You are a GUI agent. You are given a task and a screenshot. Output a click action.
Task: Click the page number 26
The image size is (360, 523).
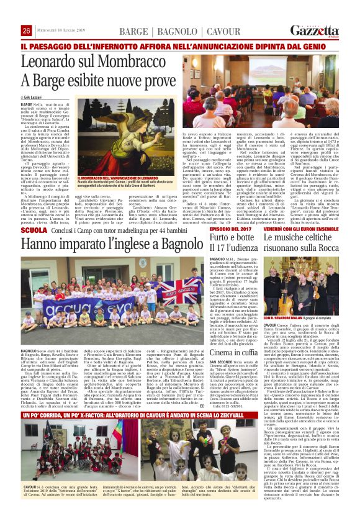[26, 30]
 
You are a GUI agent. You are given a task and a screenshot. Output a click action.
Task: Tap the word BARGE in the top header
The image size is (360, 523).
[134, 31]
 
